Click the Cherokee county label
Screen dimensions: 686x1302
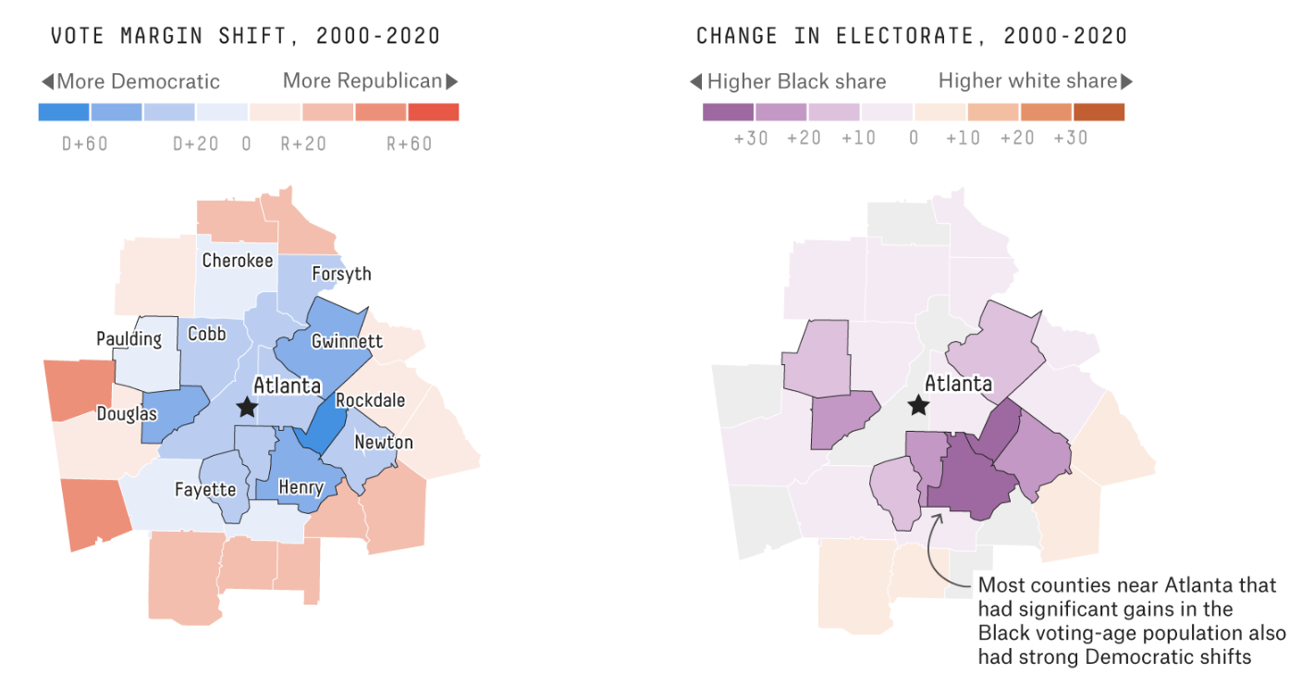238,261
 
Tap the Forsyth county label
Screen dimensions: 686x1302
341,274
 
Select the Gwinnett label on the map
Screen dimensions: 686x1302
347,341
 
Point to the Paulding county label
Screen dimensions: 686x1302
129,339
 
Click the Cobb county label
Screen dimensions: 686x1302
206,334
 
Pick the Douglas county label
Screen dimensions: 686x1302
127,414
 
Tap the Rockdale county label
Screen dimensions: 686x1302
370,400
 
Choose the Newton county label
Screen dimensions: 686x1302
383,442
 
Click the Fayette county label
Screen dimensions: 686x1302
205,490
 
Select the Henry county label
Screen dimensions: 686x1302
301,487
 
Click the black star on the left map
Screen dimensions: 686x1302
246,407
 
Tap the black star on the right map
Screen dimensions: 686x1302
917,404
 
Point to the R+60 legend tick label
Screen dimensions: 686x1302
409,144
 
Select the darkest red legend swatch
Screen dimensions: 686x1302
434,112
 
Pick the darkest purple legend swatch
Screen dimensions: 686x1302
729,112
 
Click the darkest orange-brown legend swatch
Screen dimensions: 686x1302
1099,112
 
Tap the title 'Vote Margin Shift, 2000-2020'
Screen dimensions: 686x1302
245,37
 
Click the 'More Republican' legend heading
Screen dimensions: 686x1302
362,81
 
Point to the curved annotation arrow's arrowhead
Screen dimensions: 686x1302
935,516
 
